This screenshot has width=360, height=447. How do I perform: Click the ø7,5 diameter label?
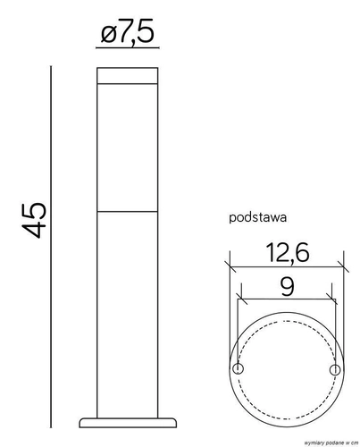click(x=128, y=30)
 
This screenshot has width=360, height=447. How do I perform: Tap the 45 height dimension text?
click(x=34, y=220)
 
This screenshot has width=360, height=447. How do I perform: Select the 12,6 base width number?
click(x=288, y=253)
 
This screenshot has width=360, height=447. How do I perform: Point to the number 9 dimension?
click(x=288, y=287)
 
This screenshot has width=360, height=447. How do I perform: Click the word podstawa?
click(x=258, y=217)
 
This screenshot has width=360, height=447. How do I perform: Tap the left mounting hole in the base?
click(x=238, y=369)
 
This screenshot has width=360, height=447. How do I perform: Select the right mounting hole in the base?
click(x=335, y=370)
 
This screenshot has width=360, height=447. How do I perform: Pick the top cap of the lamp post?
click(x=128, y=75)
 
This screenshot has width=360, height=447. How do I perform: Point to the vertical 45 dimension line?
click(x=51, y=247)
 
